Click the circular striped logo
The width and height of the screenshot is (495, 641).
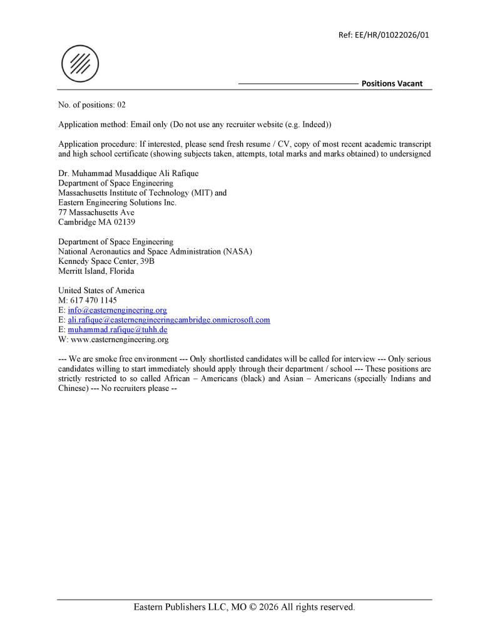coord(80,65)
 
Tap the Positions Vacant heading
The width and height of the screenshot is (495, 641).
coord(392,83)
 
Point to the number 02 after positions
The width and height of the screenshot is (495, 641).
coord(121,105)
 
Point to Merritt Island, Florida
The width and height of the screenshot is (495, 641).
coord(96,271)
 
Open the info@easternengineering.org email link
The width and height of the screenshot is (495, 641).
coord(117,310)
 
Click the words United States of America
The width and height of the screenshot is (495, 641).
coord(101,291)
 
